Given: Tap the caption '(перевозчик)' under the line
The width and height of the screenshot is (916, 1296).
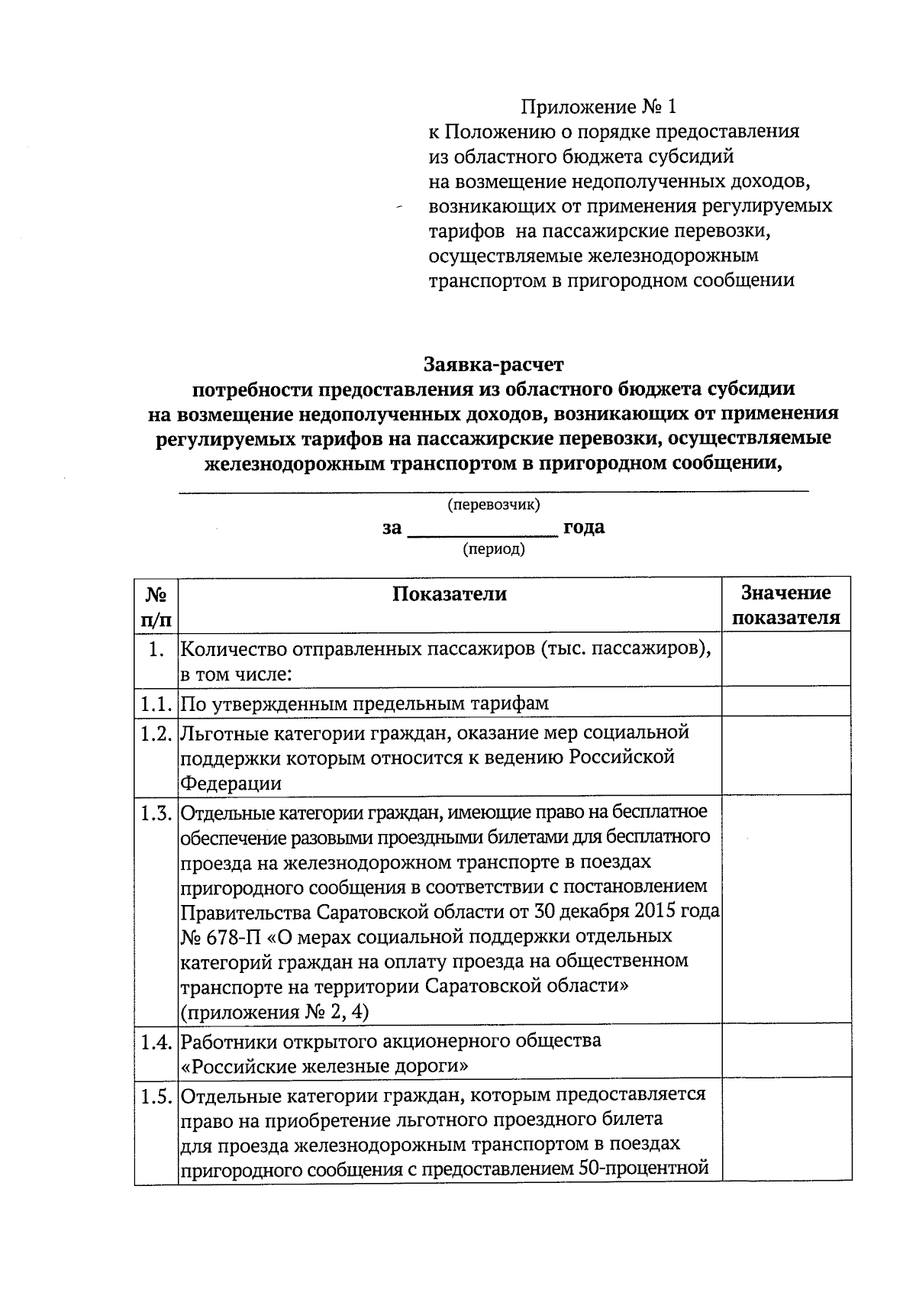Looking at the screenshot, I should click(493, 505).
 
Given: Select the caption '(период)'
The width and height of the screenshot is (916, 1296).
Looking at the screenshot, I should click(494, 549).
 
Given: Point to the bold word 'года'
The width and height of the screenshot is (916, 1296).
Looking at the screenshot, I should click(584, 528).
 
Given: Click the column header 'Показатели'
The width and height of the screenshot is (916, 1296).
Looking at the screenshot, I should click(449, 594).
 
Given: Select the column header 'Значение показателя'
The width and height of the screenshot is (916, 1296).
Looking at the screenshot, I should click(785, 605).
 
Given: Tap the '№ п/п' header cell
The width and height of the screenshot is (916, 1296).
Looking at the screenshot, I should click(156, 606).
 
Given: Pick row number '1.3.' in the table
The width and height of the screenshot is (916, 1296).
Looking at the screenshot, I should click(157, 813).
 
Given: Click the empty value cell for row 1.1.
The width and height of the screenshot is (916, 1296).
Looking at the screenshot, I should click(785, 701).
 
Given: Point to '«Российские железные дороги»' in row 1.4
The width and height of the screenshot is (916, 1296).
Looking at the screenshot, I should click(324, 1065).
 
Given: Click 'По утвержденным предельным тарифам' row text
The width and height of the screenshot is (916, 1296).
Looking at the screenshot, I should click(364, 703).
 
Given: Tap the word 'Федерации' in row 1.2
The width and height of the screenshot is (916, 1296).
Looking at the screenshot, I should click(230, 783).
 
